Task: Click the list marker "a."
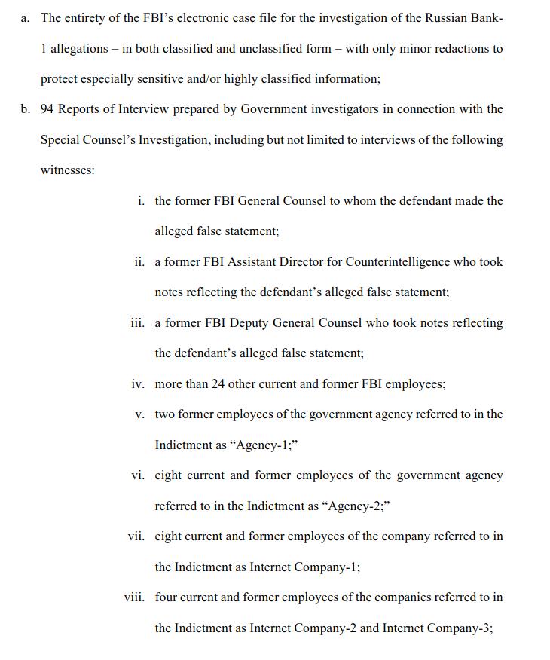click(26, 18)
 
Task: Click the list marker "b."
click(26, 109)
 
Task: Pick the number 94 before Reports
click(47, 109)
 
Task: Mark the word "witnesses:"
click(68, 170)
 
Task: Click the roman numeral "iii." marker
click(137, 323)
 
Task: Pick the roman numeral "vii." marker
click(136, 536)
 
